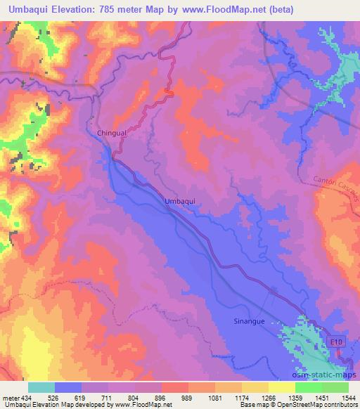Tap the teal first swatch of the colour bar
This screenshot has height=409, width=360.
[41, 388]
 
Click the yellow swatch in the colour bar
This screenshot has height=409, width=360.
[282, 388]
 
